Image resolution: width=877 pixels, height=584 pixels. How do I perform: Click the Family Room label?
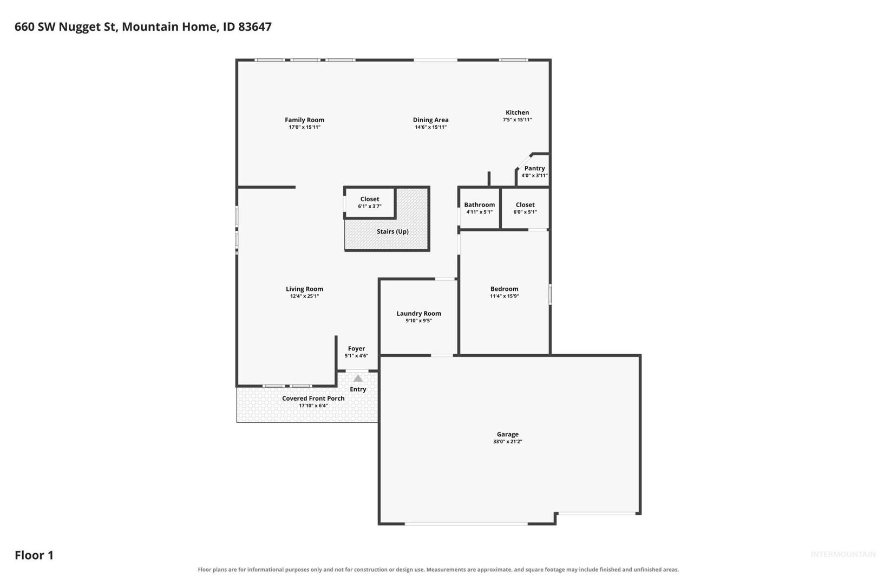click(304, 120)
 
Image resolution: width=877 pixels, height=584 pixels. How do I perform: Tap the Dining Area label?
click(431, 120)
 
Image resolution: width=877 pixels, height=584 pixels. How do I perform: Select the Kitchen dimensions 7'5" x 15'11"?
click(517, 120)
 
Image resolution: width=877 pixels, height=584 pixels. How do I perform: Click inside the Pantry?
click(534, 171)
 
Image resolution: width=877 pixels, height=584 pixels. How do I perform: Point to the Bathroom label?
click(479, 204)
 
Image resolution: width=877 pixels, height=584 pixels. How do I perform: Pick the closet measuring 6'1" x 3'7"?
click(370, 202)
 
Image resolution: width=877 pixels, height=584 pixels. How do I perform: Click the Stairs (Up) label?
click(392, 231)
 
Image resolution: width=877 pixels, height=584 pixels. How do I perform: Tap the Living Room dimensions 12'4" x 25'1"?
click(304, 296)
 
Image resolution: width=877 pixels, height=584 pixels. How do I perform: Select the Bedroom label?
click(505, 289)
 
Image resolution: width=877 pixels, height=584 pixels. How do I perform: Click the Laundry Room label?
click(418, 313)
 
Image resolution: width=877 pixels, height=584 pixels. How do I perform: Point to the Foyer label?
click(356, 348)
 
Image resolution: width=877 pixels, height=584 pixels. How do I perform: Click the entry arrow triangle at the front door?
click(358, 379)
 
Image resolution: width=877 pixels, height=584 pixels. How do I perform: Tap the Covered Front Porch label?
click(313, 398)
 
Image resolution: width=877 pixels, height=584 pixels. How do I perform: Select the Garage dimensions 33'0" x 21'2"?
click(507, 442)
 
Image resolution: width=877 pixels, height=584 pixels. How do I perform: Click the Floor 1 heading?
click(34, 555)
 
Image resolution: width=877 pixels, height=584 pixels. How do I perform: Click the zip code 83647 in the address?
click(254, 26)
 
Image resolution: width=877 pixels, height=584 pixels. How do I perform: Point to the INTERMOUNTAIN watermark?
click(843, 554)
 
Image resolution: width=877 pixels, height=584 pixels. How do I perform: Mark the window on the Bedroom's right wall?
click(550, 294)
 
